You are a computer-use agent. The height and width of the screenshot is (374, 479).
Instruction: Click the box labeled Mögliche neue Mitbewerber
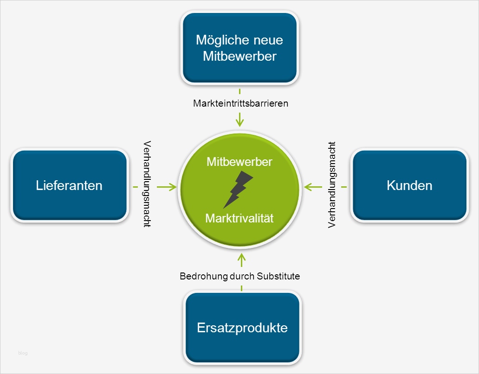point(239,48)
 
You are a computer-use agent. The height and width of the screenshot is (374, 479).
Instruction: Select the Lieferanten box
point(69,186)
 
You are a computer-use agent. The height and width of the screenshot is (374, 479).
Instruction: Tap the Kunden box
point(409,186)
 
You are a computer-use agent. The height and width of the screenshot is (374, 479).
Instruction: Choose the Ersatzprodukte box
point(242,328)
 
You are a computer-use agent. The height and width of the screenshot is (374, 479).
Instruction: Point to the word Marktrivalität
point(239,218)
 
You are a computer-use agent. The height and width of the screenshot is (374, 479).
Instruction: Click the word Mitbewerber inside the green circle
point(239,162)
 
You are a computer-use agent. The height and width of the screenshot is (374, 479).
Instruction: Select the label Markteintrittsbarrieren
point(240,103)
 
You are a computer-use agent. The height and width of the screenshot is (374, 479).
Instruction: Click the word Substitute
point(278,276)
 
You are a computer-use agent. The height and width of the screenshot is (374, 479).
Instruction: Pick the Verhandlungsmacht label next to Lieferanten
point(147,184)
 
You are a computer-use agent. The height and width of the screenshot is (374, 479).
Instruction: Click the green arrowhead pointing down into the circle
point(239,122)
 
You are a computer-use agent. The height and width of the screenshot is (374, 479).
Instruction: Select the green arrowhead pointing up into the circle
point(241,257)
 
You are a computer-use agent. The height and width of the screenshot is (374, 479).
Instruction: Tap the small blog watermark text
point(23,353)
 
